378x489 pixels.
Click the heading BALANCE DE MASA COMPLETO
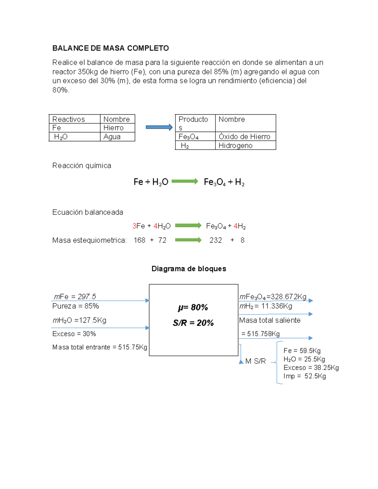(x=111, y=48)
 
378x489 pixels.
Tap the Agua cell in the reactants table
(x=112, y=137)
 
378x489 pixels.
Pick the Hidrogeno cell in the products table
(x=235, y=145)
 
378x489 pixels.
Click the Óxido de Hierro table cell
(x=244, y=137)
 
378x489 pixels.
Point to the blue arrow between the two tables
(x=159, y=127)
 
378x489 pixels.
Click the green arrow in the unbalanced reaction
(x=185, y=181)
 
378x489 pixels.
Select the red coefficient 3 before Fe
(x=134, y=226)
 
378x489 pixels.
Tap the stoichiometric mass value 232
(x=215, y=240)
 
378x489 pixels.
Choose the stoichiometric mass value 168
(x=139, y=240)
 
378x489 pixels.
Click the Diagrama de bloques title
(x=189, y=269)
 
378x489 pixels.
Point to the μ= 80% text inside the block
(x=193, y=307)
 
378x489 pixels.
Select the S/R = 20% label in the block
(x=193, y=323)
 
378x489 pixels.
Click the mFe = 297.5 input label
(x=75, y=297)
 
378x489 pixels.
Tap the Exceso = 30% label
(x=74, y=334)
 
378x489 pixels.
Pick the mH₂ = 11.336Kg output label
(x=266, y=306)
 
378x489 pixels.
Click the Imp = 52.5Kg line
(x=305, y=376)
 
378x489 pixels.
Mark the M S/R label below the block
(x=255, y=361)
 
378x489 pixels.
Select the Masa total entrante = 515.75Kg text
(x=100, y=347)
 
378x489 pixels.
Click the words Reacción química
(x=82, y=166)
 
